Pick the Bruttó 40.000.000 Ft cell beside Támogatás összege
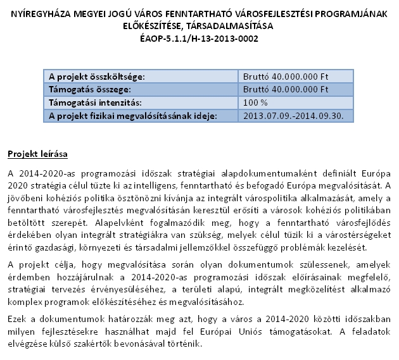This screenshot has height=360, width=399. coord(286,89)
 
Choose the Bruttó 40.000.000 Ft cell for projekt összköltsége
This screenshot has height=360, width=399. coord(286,77)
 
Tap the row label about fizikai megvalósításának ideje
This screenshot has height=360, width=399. coord(133,115)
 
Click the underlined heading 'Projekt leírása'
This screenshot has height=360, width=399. coord(37,154)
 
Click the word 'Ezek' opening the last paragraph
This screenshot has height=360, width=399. coord(18,320)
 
